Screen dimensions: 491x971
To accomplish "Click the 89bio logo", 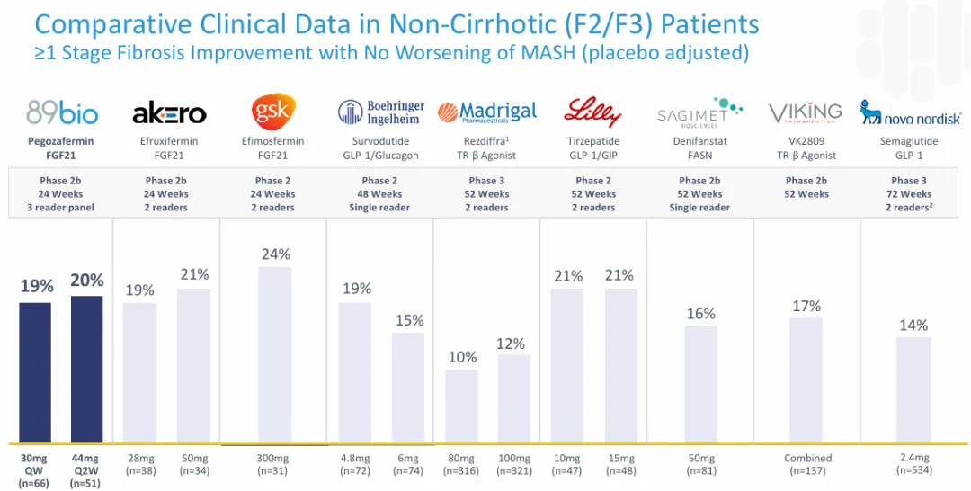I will pyautogui.click(x=61, y=112).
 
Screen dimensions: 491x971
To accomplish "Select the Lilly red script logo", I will pyautogui.click(x=592, y=112).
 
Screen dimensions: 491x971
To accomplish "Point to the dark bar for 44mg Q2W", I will pyautogui.click(x=87, y=370).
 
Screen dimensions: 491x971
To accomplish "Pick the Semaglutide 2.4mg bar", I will pyautogui.click(x=913, y=390).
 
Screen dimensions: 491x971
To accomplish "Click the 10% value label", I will pyautogui.click(x=462, y=357).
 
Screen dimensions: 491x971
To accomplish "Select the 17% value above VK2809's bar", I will pyautogui.click(x=806, y=306).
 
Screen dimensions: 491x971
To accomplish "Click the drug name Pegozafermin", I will pyautogui.click(x=61, y=141).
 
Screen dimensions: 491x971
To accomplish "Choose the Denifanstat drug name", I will pyautogui.click(x=699, y=141).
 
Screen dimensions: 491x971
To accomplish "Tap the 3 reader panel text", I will pyautogui.click(x=61, y=208).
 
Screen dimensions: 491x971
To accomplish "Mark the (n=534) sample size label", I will pyautogui.click(x=913, y=470).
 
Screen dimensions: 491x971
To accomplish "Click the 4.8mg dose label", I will pyautogui.click(x=354, y=458).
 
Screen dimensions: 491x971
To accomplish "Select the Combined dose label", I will pyautogui.click(x=806, y=458).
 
